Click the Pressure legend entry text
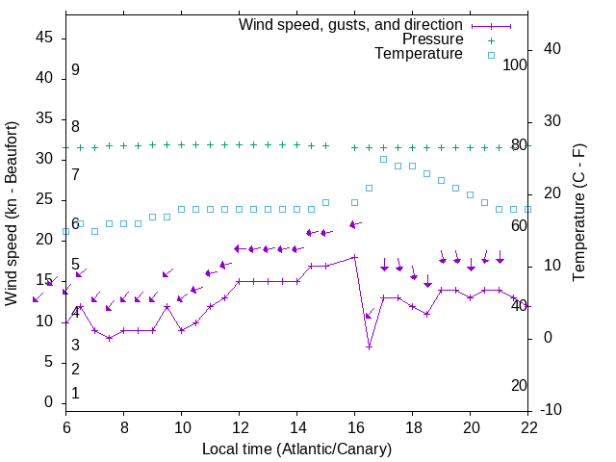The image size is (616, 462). coord(432,39)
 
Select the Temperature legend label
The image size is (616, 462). coord(419,55)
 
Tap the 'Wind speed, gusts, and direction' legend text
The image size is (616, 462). coord(350,24)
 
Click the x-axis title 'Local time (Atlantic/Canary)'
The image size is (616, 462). coord(296,449)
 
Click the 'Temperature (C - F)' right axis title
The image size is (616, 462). coord(578,214)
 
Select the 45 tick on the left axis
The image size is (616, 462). coord(43,37)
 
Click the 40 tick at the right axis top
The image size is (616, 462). coord(552,49)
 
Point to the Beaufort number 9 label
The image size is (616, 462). coord(75,70)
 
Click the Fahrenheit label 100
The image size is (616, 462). coord(515,64)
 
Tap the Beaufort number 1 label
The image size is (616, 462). coord(75,394)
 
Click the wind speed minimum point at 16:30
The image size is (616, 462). coord(369,346)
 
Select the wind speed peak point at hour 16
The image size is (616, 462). coord(354,257)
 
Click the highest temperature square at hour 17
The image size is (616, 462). coord(383,159)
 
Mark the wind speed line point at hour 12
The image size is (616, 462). coord(239,281)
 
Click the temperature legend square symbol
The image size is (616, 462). coord(491,55)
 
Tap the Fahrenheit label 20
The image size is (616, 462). coord(519,385)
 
